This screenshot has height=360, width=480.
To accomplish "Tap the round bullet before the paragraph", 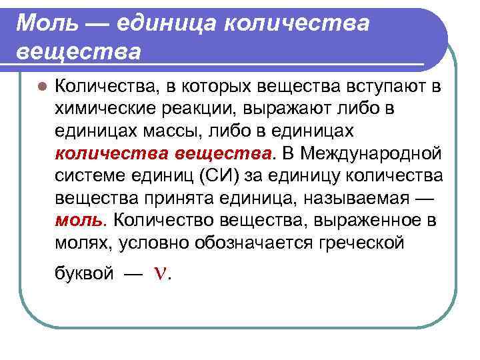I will click(x=41, y=87).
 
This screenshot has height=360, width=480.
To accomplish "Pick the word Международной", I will click(x=371, y=154).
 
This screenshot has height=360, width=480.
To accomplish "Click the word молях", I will click(x=84, y=242).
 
